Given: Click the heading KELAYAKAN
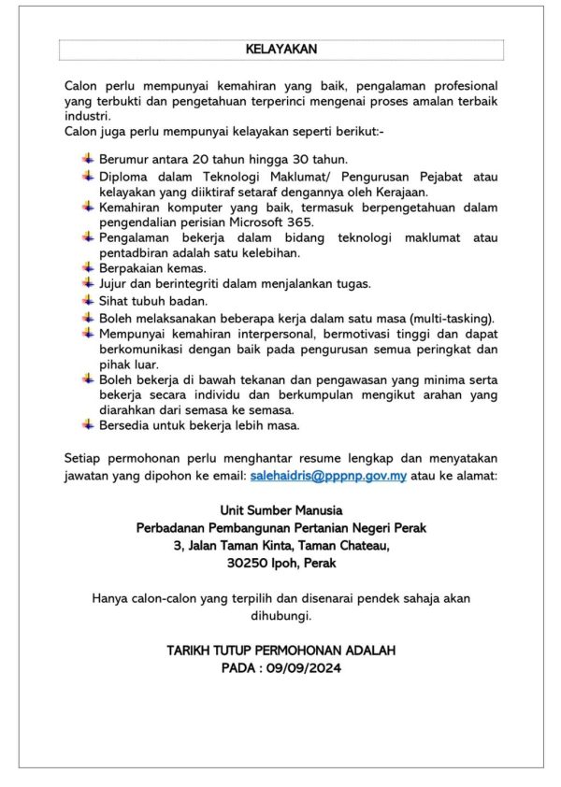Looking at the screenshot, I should (280, 49).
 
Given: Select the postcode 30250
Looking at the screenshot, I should (250, 564).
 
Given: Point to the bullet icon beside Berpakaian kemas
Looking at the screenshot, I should (88, 268).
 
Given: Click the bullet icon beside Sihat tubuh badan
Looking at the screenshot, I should (88, 301).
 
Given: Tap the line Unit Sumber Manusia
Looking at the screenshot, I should (280, 510).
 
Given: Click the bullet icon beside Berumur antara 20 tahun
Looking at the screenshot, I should (88, 159).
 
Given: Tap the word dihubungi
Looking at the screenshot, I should (280, 616).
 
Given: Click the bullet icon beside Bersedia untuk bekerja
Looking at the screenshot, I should (88, 426).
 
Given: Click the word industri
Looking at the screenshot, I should (87, 115).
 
